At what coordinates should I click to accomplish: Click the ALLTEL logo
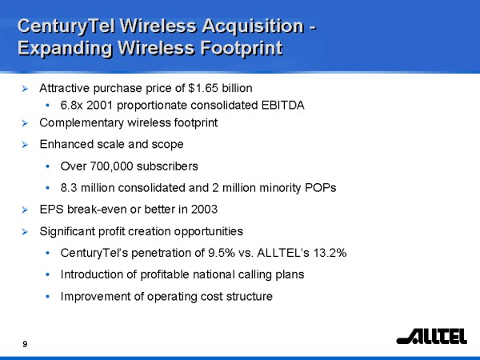pyautogui.click(x=432, y=336)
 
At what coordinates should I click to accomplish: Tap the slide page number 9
pyautogui.click(x=25, y=344)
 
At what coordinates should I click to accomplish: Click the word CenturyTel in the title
pyautogui.click(x=66, y=26)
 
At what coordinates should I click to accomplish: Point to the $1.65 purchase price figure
pyautogui.click(x=203, y=88)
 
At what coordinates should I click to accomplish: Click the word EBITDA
pyautogui.click(x=283, y=105)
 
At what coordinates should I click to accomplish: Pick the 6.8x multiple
pyautogui.click(x=72, y=105)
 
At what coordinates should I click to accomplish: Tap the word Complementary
pyautogui.click(x=82, y=123)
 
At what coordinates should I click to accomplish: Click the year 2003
pyautogui.click(x=204, y=210)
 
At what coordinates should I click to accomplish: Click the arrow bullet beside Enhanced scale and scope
pyautogui.click(x=25, y=145)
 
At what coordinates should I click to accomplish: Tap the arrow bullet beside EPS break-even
pyautogui.click(x=25, y=210)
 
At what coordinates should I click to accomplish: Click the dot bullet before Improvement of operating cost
pyautogui.click(x=47, y=296)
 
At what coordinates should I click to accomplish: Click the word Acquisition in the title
pyautogui.click(x=253, y=26)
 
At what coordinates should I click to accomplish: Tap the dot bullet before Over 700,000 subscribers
pyautogui.click(x=47, y=166)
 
